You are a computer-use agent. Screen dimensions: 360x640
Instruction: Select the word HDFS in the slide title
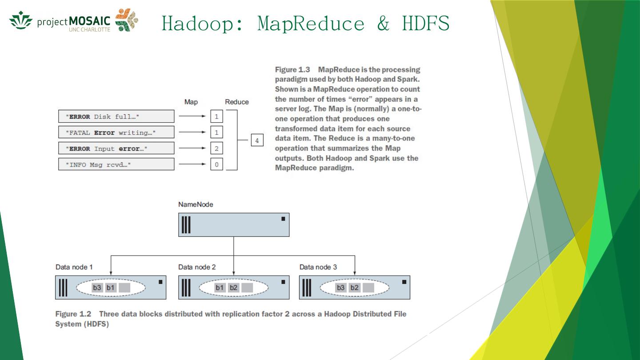425,24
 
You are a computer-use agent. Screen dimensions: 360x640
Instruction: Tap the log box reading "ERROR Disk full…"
116,116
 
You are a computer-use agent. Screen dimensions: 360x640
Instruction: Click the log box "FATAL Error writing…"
116,132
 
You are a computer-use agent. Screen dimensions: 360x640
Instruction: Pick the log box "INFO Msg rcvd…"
116,164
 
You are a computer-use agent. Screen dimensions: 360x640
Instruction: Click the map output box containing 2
216,148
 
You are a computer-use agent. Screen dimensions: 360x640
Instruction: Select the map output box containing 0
216,164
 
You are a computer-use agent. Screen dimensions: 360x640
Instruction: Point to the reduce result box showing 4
256,140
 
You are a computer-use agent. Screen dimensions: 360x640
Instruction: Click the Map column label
191,102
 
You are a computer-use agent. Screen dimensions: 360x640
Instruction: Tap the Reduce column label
236,102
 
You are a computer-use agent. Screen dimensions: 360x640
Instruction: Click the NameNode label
196,204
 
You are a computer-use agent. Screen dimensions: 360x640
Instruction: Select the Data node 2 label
197,267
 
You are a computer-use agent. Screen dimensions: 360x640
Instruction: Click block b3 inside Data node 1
97,288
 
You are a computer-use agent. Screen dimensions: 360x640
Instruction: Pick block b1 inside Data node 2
220,288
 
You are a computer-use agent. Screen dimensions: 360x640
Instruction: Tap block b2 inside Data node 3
354,288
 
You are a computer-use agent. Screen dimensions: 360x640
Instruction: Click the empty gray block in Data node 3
368,288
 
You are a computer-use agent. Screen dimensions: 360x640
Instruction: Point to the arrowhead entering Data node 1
111,273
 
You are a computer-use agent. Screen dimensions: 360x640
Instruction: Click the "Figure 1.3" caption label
292,70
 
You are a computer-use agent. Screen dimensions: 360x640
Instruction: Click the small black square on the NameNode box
283,219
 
